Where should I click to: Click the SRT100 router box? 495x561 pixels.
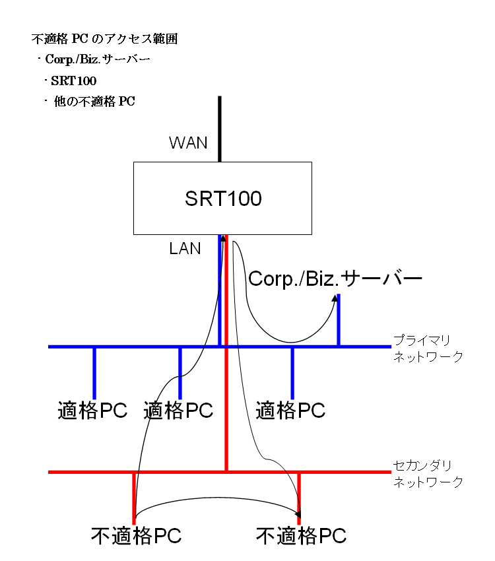pyautogui.click(x=222, y=198)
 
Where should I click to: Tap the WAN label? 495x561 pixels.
pyautogui.click(x=188, y=143)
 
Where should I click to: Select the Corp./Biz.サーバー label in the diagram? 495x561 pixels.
pyautogui.click(x=335, y=279)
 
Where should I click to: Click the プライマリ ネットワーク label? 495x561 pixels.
pyautogui.click(x=428, y=348)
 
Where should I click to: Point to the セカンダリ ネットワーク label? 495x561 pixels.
pyautogui.click(x=428, y=473)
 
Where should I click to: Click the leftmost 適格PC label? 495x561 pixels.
pyautogui.click(x=92, y=410)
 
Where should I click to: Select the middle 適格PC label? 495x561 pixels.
pyautogui.click(x=178, y=410)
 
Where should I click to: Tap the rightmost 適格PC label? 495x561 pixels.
pyautogui.click(x=290, y=410)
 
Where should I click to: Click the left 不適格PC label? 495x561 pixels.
pyautogui.click(x=136, y=535)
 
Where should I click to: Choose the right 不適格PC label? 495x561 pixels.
pyautogui.click(x=301, y=535)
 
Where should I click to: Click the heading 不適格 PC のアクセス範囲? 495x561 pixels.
pyautogui.click(x=104, y=40)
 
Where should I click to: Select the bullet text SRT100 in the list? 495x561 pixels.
pyautogui.click(x=73, y=81)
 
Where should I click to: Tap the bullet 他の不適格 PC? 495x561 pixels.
pyautogui.click(x=94, y=102)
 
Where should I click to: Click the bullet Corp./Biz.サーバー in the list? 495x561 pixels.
pyautogui.click(x=98, y=60)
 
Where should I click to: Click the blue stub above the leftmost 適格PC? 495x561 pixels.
pyautogui.click(x=94, y=372)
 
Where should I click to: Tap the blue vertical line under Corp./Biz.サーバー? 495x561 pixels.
pyautogui.click(x=339, y=323)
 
